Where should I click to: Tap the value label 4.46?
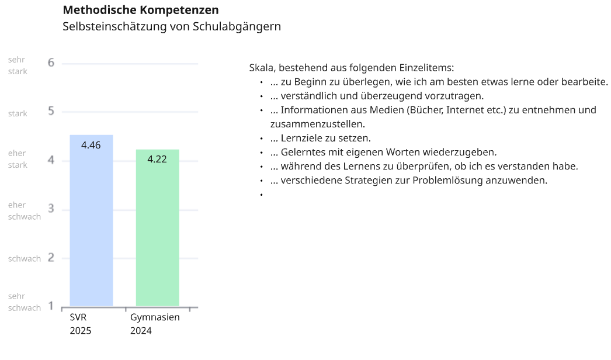click(x=91, y=145)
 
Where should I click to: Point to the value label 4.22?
click(x=157, y=159)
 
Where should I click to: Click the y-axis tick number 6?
click(x=51, y=63)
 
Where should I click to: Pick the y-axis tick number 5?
click(x=51, y=111)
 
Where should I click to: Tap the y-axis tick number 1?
click(x=51, y=306)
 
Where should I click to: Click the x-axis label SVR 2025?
click(x=81, y=324)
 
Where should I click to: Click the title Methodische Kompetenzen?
click(x=141, y=10)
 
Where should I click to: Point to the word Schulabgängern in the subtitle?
click(x=237, y=27)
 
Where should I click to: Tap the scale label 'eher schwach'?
click(x=25, y=211)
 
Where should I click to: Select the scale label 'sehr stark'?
click(x=18, y=65)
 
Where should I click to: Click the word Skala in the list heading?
click(x=261, y=68)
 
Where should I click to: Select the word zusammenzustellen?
click(x=317, y=124)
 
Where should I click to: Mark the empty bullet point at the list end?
click(x=261, y=194)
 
